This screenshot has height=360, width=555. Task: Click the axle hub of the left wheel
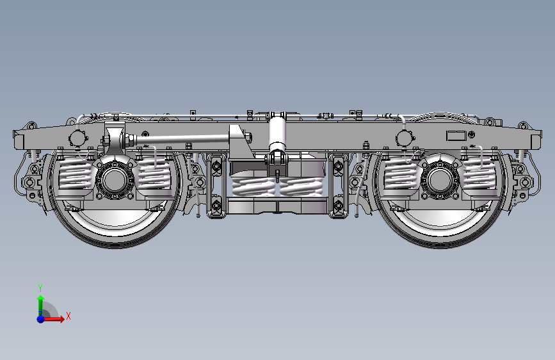click(115, 179)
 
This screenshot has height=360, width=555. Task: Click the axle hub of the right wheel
click(440, 179)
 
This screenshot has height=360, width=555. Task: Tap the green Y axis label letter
click(40, 288)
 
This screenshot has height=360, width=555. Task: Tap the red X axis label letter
click(68, 316)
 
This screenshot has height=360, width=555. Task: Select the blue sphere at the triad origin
click(41, 319)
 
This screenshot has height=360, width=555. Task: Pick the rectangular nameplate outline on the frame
click(456, 136)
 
